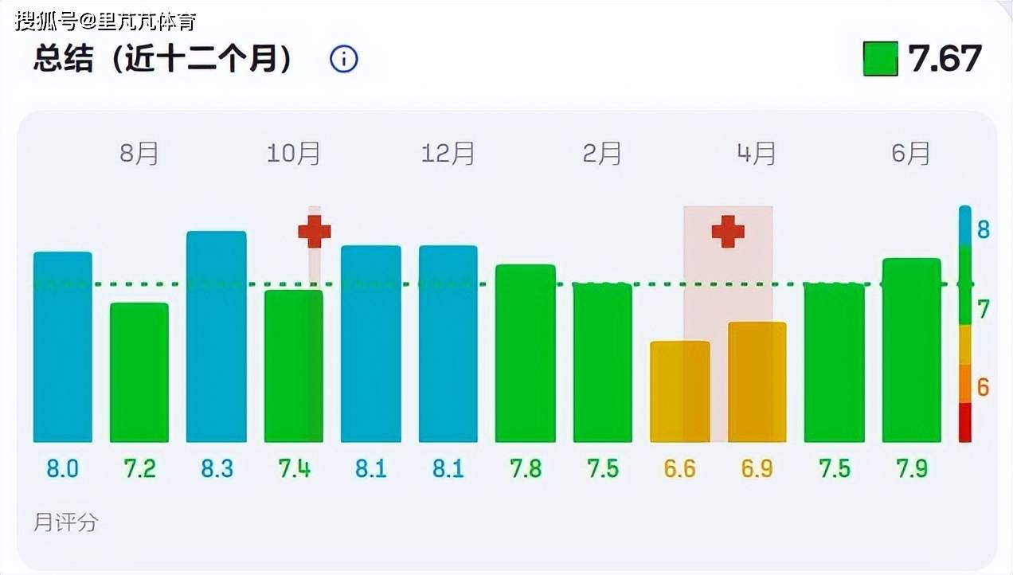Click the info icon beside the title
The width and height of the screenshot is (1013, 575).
point(344,59)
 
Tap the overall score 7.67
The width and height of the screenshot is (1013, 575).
point(945,59)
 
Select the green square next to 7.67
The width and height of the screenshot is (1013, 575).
point(880,59)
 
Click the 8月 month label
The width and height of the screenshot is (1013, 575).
point(139,153)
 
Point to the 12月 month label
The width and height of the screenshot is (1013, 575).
point(448,153)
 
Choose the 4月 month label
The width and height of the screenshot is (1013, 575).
point(756,153)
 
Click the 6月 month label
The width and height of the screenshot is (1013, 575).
point(910,153)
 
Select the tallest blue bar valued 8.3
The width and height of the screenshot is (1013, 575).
point(217,336)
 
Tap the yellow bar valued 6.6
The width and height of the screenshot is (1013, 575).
point(679,391)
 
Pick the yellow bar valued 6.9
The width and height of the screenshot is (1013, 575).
point(757,381)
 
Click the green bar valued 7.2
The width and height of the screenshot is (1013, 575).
point(139,372)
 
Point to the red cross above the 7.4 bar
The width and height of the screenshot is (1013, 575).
point(315,231)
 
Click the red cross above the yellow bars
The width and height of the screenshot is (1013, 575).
point(728,231)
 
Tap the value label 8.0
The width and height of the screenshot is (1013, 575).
point(62,468)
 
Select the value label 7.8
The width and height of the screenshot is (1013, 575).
point(525,468)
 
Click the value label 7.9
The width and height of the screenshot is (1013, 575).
point(911,468)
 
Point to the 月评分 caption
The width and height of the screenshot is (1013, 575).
point(66,522)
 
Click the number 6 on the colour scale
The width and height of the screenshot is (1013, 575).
point(983,387)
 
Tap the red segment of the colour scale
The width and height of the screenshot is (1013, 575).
point(964,423)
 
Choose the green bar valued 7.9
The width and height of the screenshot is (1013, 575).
point(911,350)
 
